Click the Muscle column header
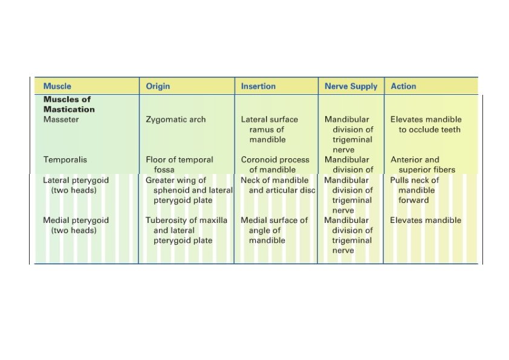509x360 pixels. click(x=57, y=86)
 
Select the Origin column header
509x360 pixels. click(x=158, y=86)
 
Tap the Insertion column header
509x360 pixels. click(x=258, y=86)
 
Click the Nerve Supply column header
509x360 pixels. click(x=351, y=86)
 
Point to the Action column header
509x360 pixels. click(x=403, y=86)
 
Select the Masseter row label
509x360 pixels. click(x=61, y=120)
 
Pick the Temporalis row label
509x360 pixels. click(x=65, y=160)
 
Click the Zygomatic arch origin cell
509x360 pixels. click(x=175, y=120)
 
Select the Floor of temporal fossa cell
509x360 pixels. click(x=180, y=165)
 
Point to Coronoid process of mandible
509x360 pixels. click(x=275, y=165)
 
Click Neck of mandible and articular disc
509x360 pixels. click(x=278, y=185)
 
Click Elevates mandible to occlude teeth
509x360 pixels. click(x=426, y=124)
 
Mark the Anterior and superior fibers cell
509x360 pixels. click(x=423, y=165)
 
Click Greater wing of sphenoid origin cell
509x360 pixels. click(x=189, y=190)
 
